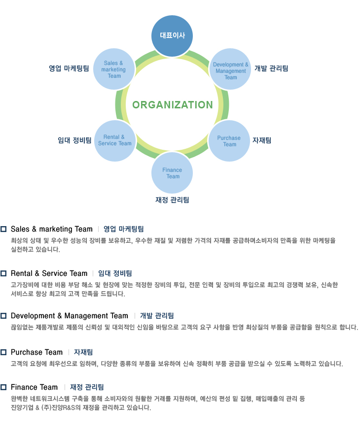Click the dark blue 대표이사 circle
tap(172, 36)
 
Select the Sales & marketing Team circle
tap(114, 69)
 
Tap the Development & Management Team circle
tap(230, 69)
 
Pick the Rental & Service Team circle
tap(115, 141)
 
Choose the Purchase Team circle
tap(229, 141)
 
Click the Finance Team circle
tap(172, 173)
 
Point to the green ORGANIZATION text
tap(173, 105)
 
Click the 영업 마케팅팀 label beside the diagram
tap(69, 68)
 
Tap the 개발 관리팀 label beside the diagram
tap(271, 68)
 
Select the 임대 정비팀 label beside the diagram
tap(74, 140)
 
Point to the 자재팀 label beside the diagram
tap(262, 140)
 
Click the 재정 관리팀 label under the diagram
tap(172, 200)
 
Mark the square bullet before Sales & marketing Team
tap(3, 229)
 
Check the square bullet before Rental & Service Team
tap(3, 273)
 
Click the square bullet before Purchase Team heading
tap(3, 352)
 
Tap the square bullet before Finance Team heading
tap(3, 387)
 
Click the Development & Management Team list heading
tap(70, 316)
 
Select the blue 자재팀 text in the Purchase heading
tap(83, 352)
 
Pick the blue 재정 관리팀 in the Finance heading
tap(87, 387)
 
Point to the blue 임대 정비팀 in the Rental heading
tap(115, 273)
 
